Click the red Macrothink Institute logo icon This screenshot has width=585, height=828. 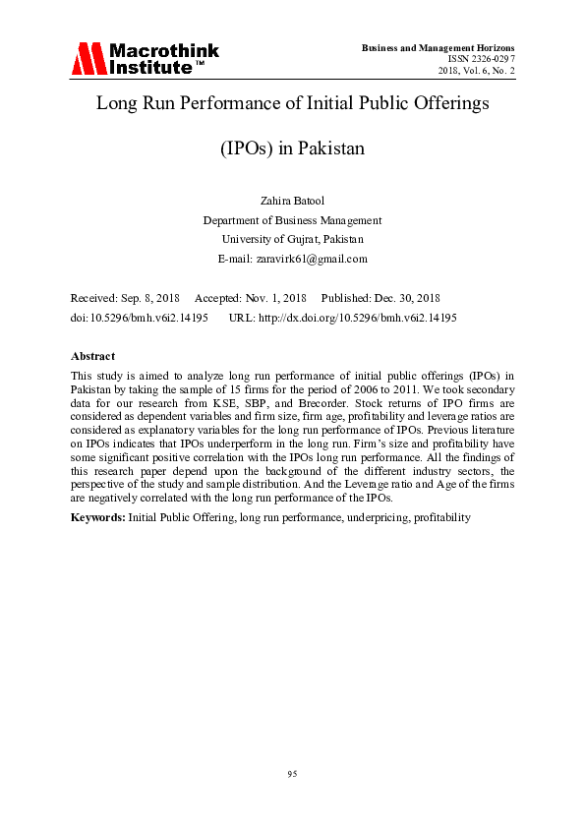coord(88,58)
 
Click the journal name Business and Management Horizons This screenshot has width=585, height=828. coord(439,47)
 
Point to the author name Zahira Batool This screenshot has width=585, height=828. coord(292,201)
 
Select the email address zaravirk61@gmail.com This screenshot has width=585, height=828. coord(312,259)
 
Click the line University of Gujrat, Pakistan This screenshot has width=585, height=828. coord(292,239)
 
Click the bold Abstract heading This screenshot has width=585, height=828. coord(92,356)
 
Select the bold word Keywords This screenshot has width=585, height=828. coord(97,516)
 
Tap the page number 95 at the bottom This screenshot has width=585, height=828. coord(292,775)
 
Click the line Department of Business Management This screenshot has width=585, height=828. coord(292,220)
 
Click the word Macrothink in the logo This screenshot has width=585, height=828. coord(163,51)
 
